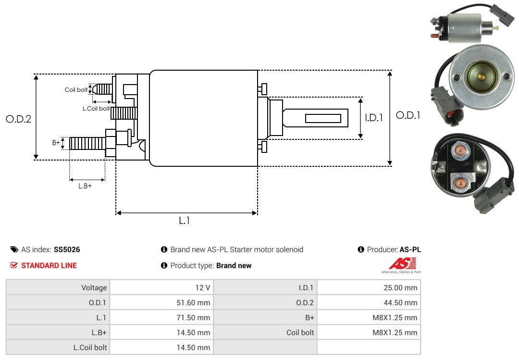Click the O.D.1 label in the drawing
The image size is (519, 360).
click(x=408, y=115)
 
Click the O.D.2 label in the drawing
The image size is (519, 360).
click(x=18, y=119)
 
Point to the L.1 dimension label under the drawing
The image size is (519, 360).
click(x=185, y=221)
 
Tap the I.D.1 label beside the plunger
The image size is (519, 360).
click(x=373, y=117)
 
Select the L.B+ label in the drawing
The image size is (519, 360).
click(x=85, y=186)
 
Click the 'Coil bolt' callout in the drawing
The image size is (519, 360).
click(x=76, y=90)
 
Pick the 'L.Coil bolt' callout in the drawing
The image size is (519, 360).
click(x=96, y=109)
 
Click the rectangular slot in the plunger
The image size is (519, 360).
click(x=323, y=118)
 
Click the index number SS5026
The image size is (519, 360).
click(x=67, y=249)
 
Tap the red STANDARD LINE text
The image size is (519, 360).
click(x=49, y=265)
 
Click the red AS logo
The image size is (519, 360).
click(x=402, y=264)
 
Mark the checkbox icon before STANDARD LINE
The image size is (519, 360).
click(x=14, y=265)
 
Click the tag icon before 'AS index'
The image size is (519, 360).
click(x=14, y=249)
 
